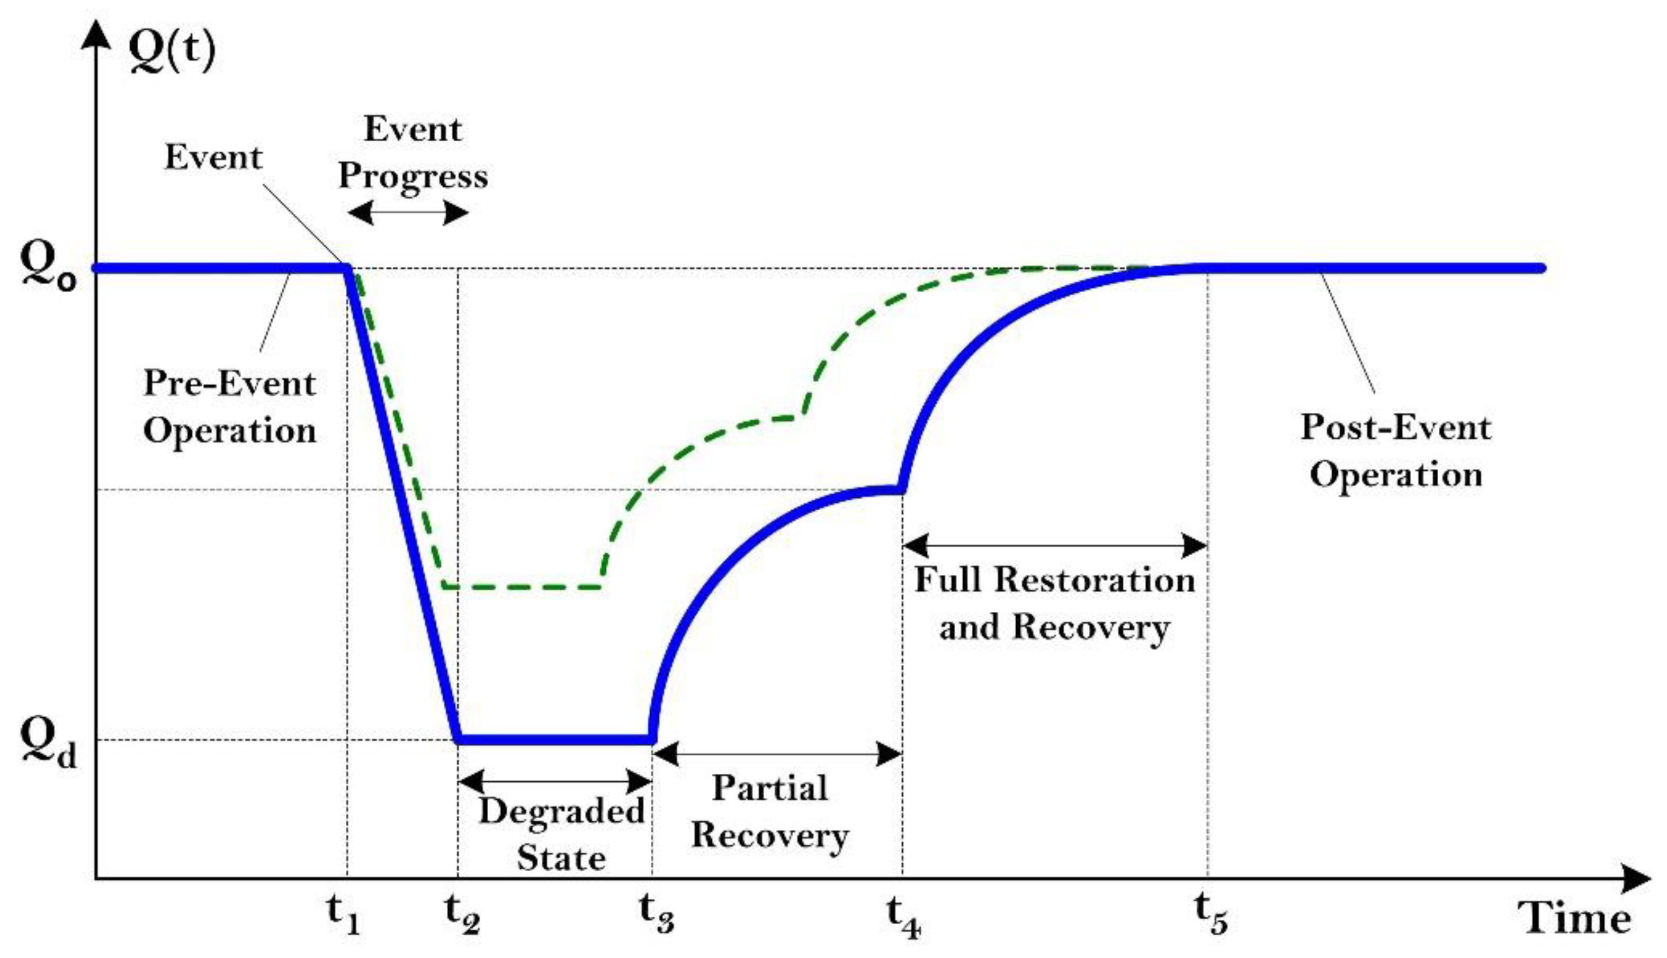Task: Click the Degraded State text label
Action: tap(561, 834)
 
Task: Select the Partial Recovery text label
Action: tap(770, 812)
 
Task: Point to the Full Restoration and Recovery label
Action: tap(1054, 603)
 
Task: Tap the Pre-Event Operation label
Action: tap(230, 406)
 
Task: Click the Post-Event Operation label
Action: tap(1396, 451)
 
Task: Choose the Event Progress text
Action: tap(413, 152)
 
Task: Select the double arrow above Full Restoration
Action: tap(1054, 545)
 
